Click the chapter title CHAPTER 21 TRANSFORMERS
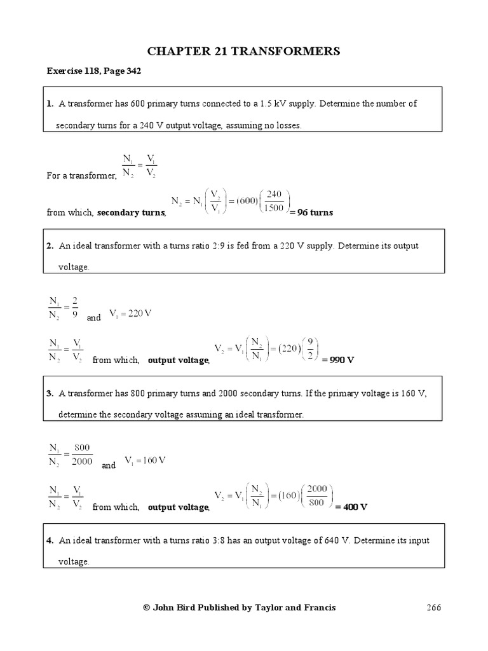click(x=244, y=51)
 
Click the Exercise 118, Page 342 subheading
click(x=93, y=71)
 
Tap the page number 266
click(x=433, y=608)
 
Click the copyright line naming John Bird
click(x=240, y=608)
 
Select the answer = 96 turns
click(x=311, y=212)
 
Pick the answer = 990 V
click(x=337, y=360)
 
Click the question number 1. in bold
click(x=50, y=104)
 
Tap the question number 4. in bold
click(x=50, y=540)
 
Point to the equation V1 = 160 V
click(x=144, y=460)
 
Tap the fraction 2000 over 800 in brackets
click(x=316, y=495)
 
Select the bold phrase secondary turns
click(x=131, y=213)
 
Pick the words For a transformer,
click(x=81, y=176)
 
